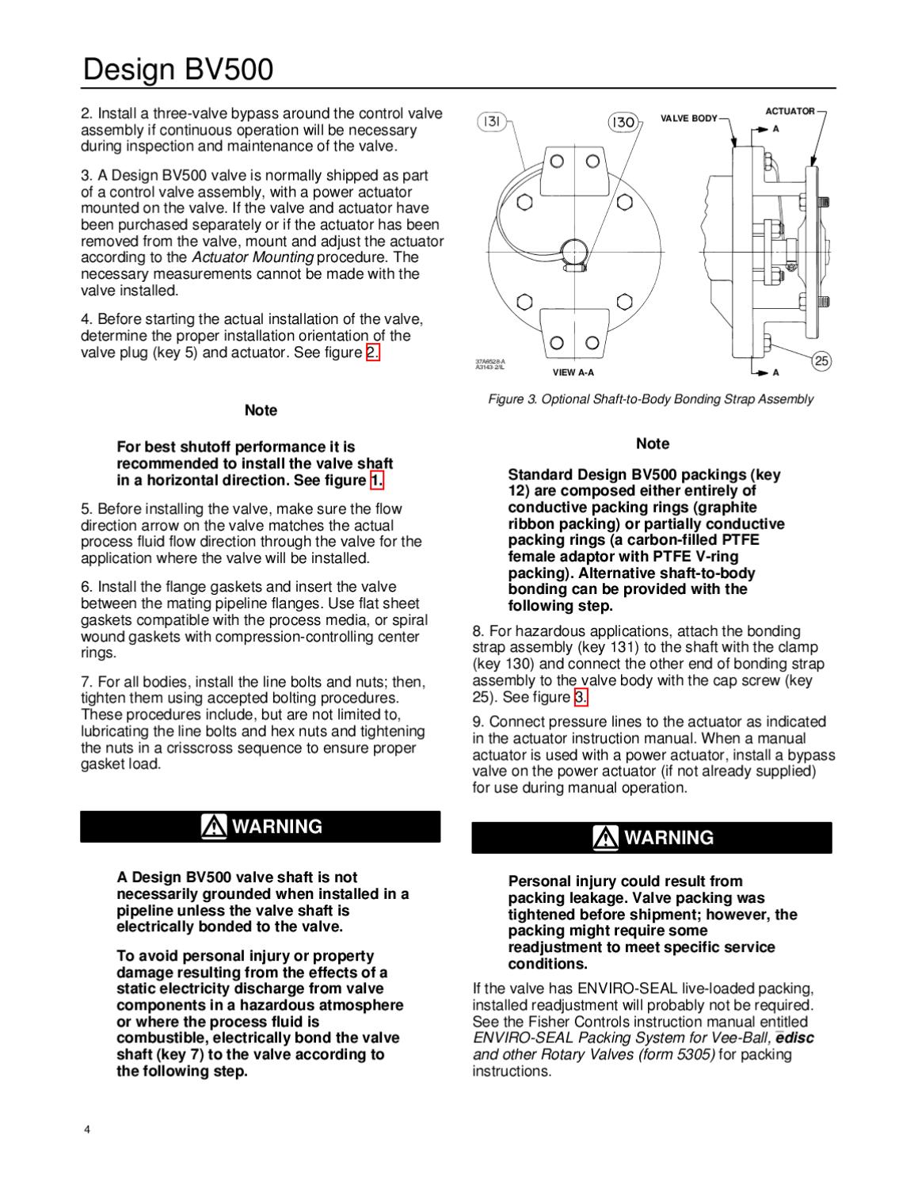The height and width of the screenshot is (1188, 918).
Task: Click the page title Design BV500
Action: coord(178,70)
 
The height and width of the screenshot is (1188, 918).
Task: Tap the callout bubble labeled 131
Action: coord(491,121)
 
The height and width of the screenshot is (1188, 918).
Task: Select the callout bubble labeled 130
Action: coord(623,122)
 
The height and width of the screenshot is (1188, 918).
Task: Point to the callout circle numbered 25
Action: coord(822,361)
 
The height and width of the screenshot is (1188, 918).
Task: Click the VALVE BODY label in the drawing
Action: coord(688,119)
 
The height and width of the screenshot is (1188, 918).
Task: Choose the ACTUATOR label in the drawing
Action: coord(790,112)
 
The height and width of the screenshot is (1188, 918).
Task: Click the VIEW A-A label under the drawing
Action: coord(573,372)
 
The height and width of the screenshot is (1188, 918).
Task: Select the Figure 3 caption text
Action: coord(650,399)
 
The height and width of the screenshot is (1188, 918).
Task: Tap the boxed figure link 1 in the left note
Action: coord(377,481)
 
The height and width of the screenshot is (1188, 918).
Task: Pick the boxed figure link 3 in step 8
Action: coord(581,697)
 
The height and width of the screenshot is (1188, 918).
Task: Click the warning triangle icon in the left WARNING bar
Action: coord(213,826)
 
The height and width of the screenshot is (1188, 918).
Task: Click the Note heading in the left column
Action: coord(261,410)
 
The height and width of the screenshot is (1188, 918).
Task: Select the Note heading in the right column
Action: coord(652,444)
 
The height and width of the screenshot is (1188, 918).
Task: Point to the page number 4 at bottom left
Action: coord(87,1129)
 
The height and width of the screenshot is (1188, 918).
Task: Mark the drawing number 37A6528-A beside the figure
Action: coord(489,361)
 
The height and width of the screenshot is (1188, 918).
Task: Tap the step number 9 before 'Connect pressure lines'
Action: coord(477,722)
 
